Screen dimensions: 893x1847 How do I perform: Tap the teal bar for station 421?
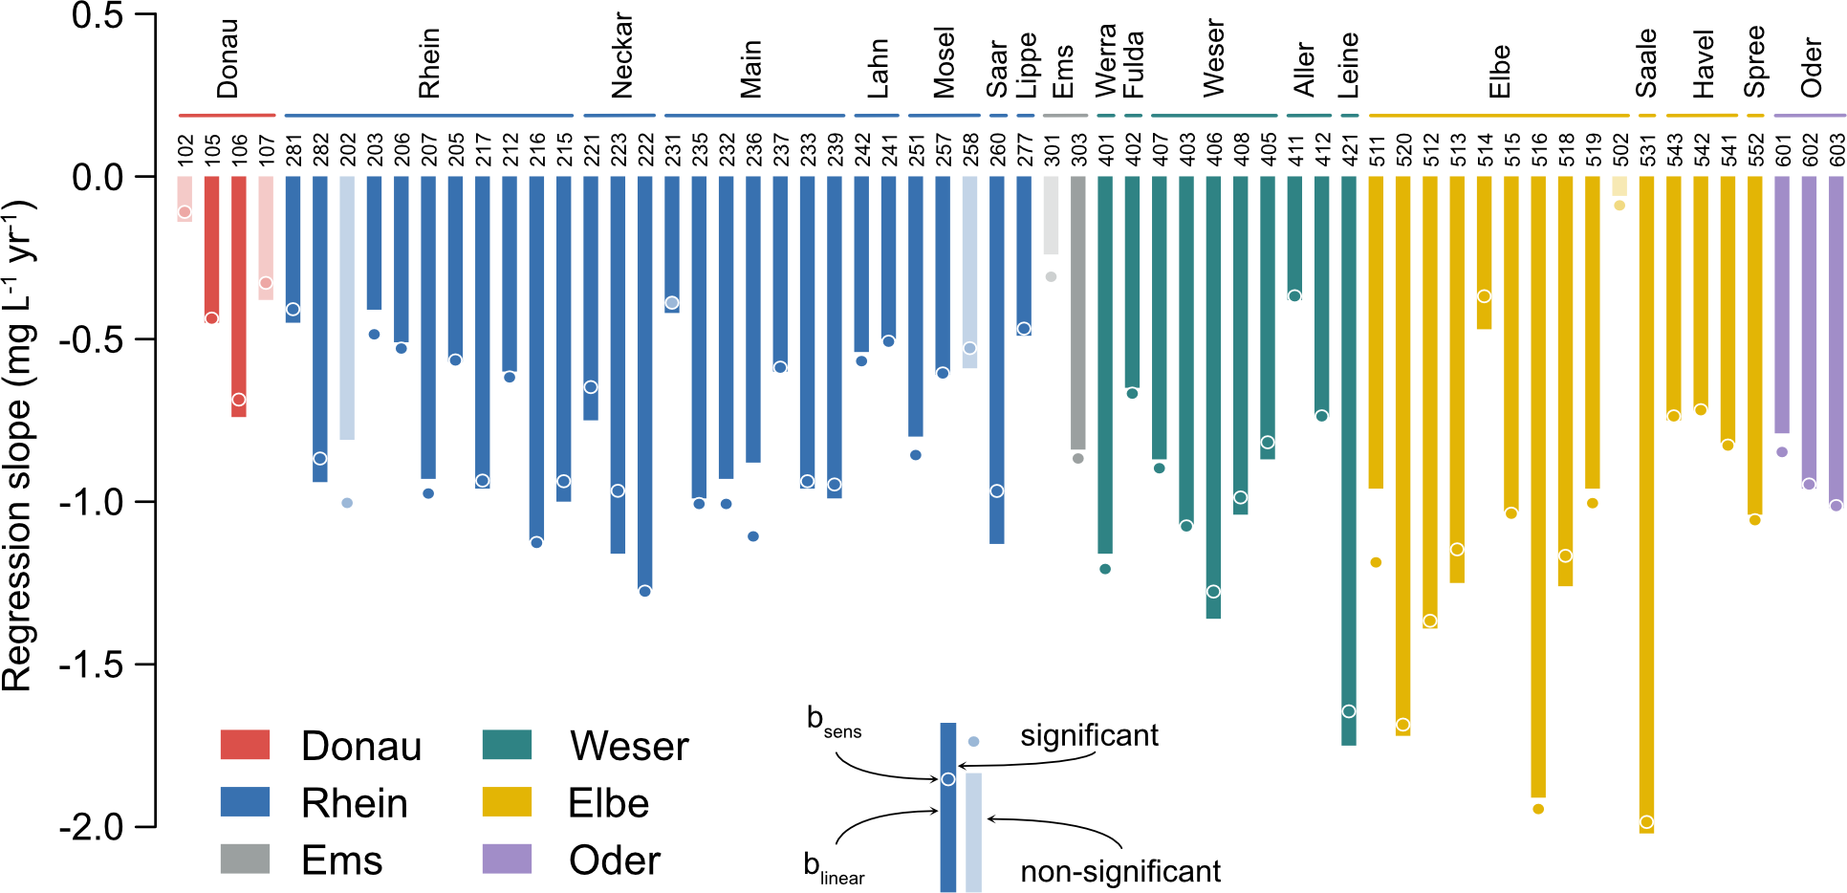coord(1349,460)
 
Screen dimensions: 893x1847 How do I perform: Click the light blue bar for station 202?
coord(347,307)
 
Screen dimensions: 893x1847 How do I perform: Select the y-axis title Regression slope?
coord(19,446)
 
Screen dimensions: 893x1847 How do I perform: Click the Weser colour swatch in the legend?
coord(507,745)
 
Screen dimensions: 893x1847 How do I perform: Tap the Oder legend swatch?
coord(507,859)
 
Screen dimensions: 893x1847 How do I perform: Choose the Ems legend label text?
coord(341,860)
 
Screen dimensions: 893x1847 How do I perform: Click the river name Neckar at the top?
coord(622,55)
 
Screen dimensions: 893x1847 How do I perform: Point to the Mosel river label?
coord(945,63)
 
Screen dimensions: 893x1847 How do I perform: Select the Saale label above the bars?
coord(1646,63)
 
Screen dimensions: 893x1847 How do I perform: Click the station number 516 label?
coord(1539,151)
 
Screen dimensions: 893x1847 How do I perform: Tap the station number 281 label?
coord(293,151)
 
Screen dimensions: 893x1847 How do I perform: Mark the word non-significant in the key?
coord(1120,872)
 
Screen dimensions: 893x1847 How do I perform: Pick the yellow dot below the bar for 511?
coord(1376,562)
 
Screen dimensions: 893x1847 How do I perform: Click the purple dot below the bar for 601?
coord(1782,452)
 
